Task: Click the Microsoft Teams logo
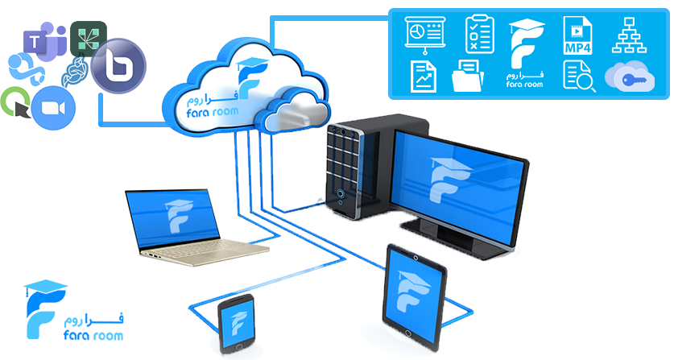click(x=44, y=40)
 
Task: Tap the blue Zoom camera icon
click(x=53, y=108)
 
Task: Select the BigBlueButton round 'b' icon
click(x=118, y=66)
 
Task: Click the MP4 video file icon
click(x=577, y=35)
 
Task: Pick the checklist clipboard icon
click(x=480, y=35)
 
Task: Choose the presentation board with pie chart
click(x=425, y=35)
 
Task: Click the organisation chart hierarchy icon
click(x=629, y=35)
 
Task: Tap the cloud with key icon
click(x=630, y=77)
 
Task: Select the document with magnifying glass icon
click(x=579, y=77)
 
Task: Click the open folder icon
click(x=468, y=76)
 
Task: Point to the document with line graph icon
click(x=424, y=77)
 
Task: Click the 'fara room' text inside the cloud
click(x=213, y=112)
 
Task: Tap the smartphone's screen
click(x=236, y=322)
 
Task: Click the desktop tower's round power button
click(x=341, y=192)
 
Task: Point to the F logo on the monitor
click(x=450, y=180)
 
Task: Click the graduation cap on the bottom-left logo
click(x=45, y=287)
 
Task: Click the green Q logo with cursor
click(x=16, y=102)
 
